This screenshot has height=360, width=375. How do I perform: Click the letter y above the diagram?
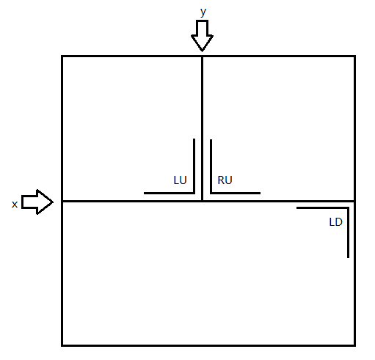(203, 12)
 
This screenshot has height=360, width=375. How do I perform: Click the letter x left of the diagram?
(15, 205)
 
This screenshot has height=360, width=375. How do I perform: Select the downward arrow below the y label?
(202, 36)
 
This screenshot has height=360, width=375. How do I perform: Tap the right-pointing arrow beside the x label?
(37, 202)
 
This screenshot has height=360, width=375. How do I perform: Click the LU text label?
(180, 180)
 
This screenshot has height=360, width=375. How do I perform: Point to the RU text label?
(225, 180)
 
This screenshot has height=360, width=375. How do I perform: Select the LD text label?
(335, 222)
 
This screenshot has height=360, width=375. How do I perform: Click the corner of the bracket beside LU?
(194, 193)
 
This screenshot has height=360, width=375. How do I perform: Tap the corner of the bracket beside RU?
(211, 193)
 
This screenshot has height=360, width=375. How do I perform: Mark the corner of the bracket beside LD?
(348, 208)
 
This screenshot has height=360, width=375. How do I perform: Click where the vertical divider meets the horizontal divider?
(202, 201)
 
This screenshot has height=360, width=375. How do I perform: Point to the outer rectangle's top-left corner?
(62, 56)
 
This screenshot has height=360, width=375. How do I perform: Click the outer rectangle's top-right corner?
(354, 56)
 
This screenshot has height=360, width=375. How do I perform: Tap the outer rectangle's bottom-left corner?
(62, 345)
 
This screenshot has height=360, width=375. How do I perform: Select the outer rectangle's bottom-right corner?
(354, 345)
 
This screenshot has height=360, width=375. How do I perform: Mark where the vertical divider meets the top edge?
(202, 56)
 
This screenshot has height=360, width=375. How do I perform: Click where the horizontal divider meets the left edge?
(62, 201)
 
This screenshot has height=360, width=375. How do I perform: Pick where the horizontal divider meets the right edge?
(354, 201)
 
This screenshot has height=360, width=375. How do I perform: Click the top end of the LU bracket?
(194, 139)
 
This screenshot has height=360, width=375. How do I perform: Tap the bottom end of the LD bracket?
(348, 257)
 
